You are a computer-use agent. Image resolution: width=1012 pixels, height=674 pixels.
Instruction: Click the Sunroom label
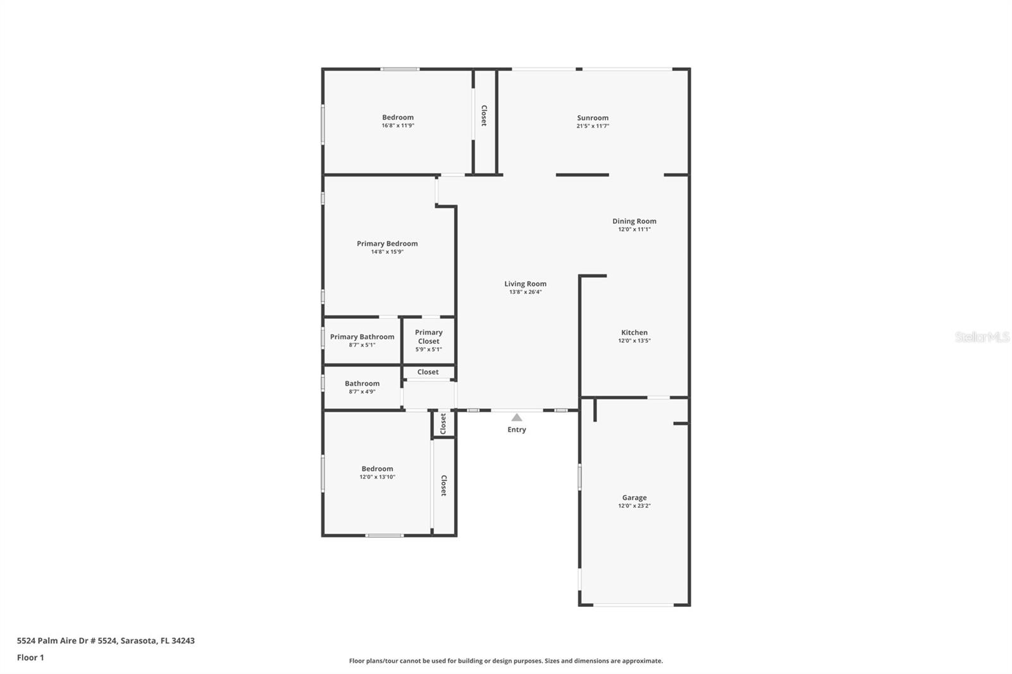[x=593, y=118]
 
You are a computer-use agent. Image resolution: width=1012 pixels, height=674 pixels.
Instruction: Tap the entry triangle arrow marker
[x=517, y=417]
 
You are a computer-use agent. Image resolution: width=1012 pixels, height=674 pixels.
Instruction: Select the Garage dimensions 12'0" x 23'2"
[x=634, y=506]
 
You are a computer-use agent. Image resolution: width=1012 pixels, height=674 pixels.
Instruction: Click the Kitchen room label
[x=634, y=333]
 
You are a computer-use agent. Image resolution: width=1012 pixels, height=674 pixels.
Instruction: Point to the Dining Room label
[x=634, y=221]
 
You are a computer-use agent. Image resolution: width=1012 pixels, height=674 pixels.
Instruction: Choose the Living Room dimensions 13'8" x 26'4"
[x=525, y=292]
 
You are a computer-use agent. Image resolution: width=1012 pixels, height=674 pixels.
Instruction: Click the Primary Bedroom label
[x=387, y=243]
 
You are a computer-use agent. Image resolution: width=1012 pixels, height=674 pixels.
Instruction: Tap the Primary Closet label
[x=429, y=336]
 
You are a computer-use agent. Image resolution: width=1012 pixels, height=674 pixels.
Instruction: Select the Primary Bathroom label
[x=362, y=337]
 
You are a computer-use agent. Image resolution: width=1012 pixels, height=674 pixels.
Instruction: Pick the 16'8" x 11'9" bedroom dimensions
[x=398, y=126]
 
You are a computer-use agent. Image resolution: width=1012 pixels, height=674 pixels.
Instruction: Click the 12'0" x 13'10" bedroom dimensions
[x=377, y=477]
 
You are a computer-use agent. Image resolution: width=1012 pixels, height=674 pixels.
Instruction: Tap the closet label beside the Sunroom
[x=484, y=116]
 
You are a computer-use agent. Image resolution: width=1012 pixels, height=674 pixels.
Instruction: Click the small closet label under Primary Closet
[x=428, y=372]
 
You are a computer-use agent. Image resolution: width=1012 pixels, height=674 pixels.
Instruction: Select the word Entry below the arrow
[x=517, y=430]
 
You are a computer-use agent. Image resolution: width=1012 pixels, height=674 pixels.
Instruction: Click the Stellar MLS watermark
[x=982, y=337]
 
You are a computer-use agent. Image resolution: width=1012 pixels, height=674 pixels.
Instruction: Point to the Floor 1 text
[x=30, y=658]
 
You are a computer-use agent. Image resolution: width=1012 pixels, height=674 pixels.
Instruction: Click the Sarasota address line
[x=106, y=640]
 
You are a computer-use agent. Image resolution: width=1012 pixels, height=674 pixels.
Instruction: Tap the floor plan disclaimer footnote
[x=506, y=661]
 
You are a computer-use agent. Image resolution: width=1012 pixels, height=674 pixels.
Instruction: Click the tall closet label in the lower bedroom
[x=444, y=486]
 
